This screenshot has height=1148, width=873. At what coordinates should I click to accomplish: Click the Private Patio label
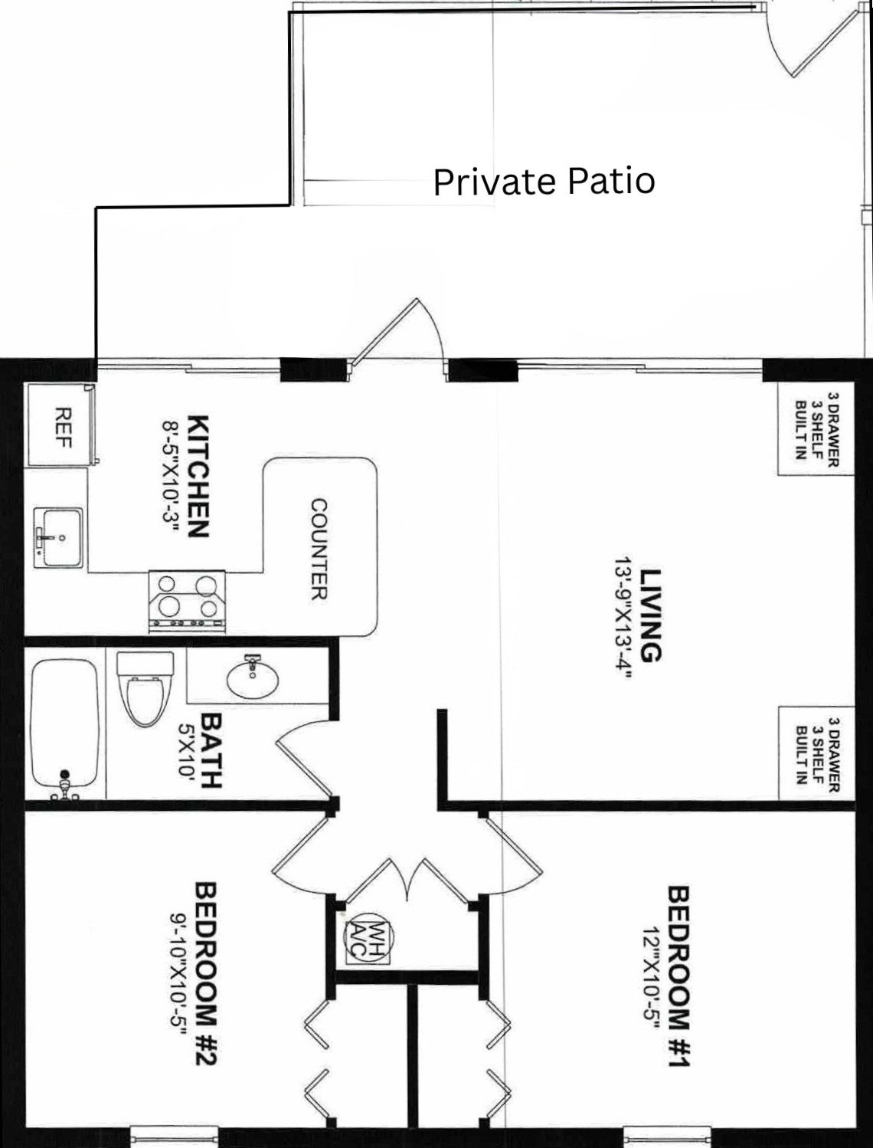tap(544, 182)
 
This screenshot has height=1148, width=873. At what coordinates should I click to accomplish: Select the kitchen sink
tap(58, 538)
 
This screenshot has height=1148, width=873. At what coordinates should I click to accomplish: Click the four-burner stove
tap(187, 602)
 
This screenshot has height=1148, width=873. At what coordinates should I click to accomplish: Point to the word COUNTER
tap(319, 549)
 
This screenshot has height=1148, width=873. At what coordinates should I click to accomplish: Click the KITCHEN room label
tap(198, 476)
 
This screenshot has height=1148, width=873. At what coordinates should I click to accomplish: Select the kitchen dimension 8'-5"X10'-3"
tap(170, 477)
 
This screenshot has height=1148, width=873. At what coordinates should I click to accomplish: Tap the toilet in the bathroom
tap(145, 688)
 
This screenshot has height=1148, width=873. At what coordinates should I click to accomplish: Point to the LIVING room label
tap(651, 615)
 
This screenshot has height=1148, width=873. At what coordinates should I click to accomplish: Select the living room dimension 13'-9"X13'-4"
tap(623, 617)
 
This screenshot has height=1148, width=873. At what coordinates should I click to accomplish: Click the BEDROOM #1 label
tap(680, 974)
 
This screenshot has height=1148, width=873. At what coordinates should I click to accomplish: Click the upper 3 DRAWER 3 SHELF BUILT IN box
tap(816, 429)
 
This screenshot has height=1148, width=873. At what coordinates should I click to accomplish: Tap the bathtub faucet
tap(65, 785)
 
